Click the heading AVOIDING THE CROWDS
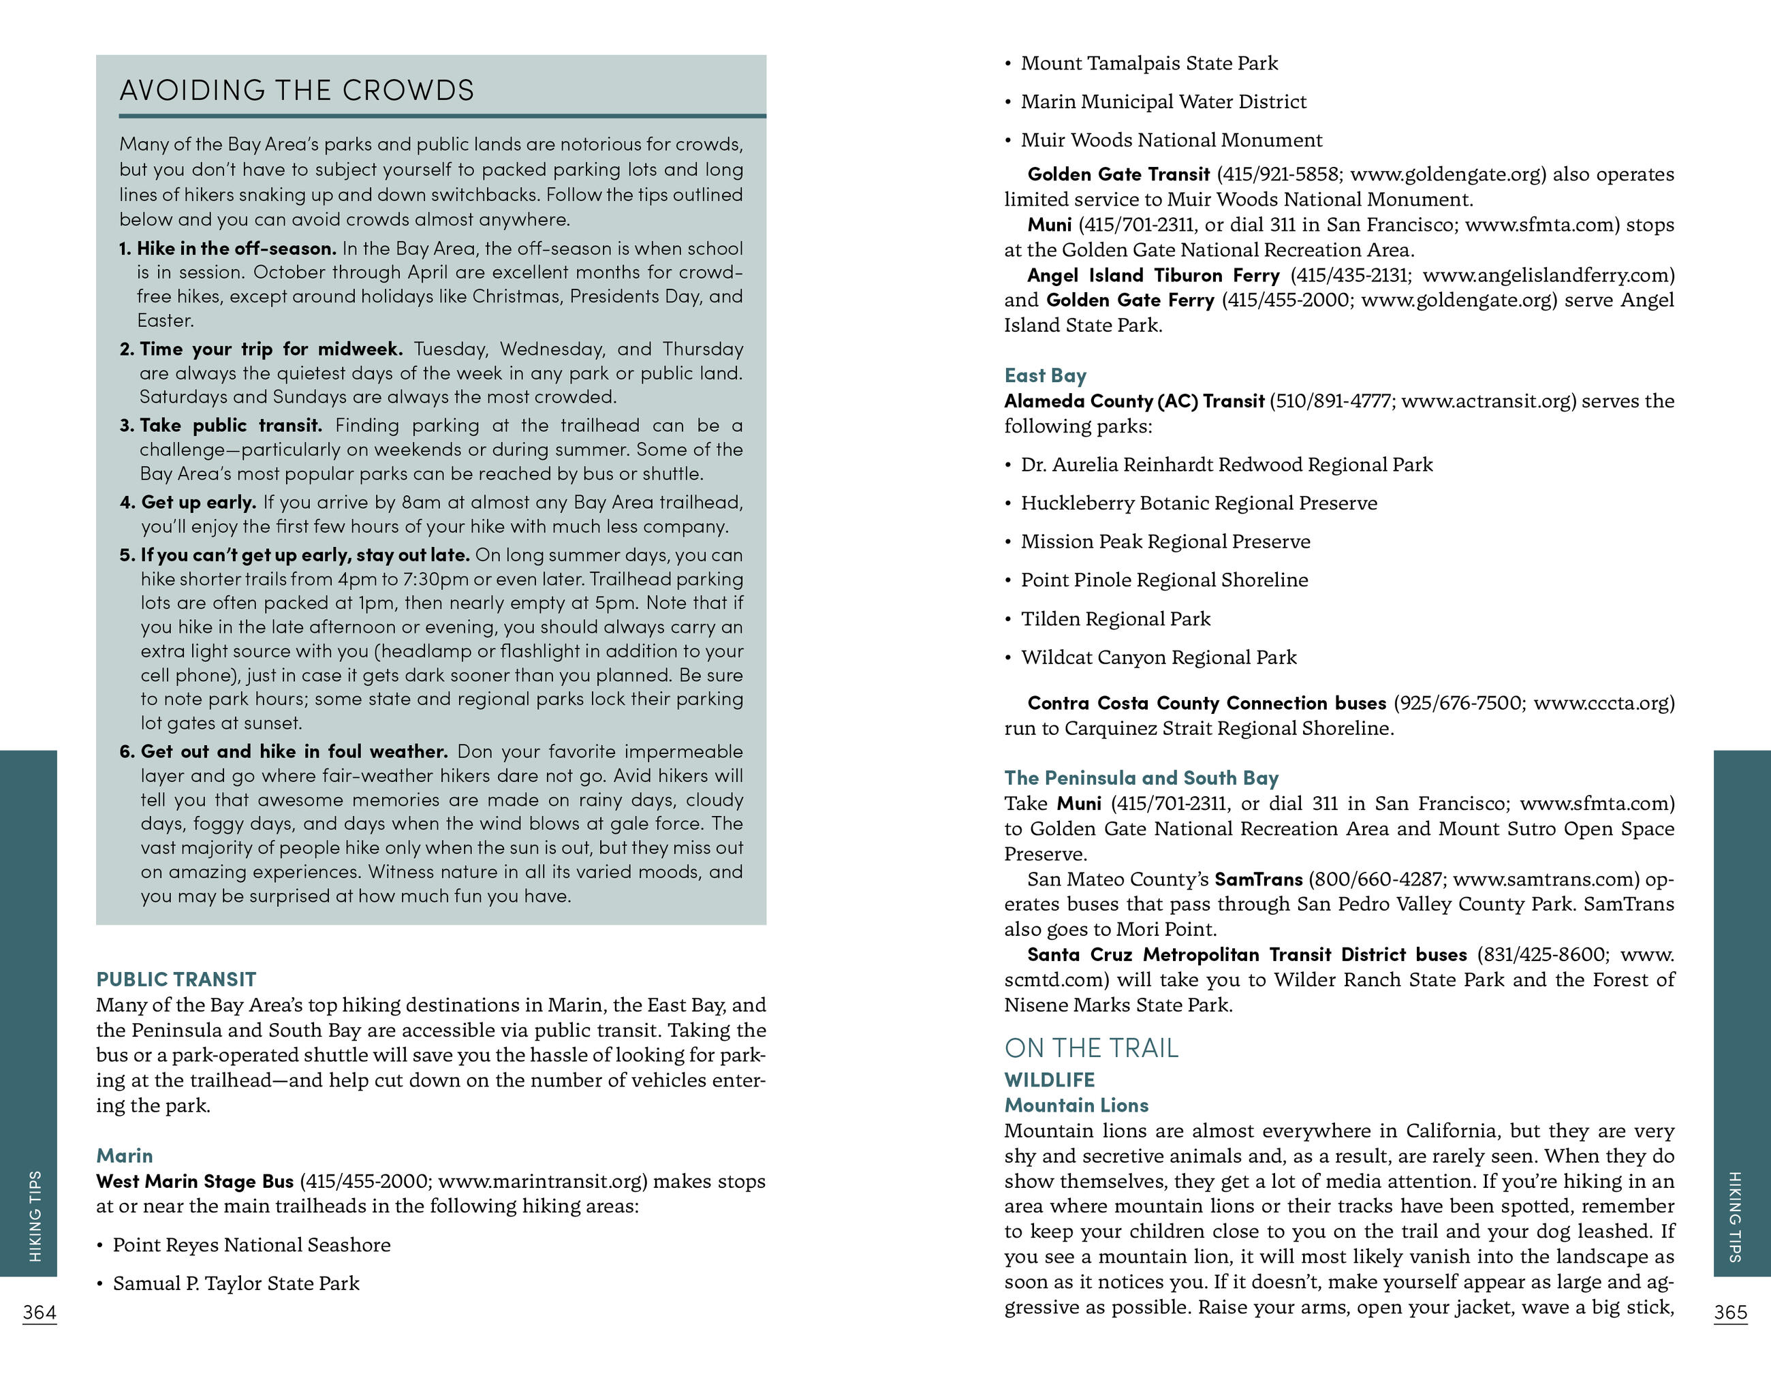click(x=296, y=90)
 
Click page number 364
click(x=39, y=1313)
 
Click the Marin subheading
click(x=124, y=1155)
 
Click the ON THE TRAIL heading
click(x=1091, y=1048)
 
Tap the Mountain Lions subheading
click(x=1076, y=1105)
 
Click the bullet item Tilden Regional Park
click(x=1115, y=618)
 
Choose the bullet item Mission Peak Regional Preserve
click(x=1165, y=542)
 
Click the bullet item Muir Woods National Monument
click(x=1171, y=140)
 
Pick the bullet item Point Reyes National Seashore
click(x=251, y=1244)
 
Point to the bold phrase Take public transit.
click(x=230, y=426)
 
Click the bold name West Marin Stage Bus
click(x=195, y=1181)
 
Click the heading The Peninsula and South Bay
click(x=1141, y=778)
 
